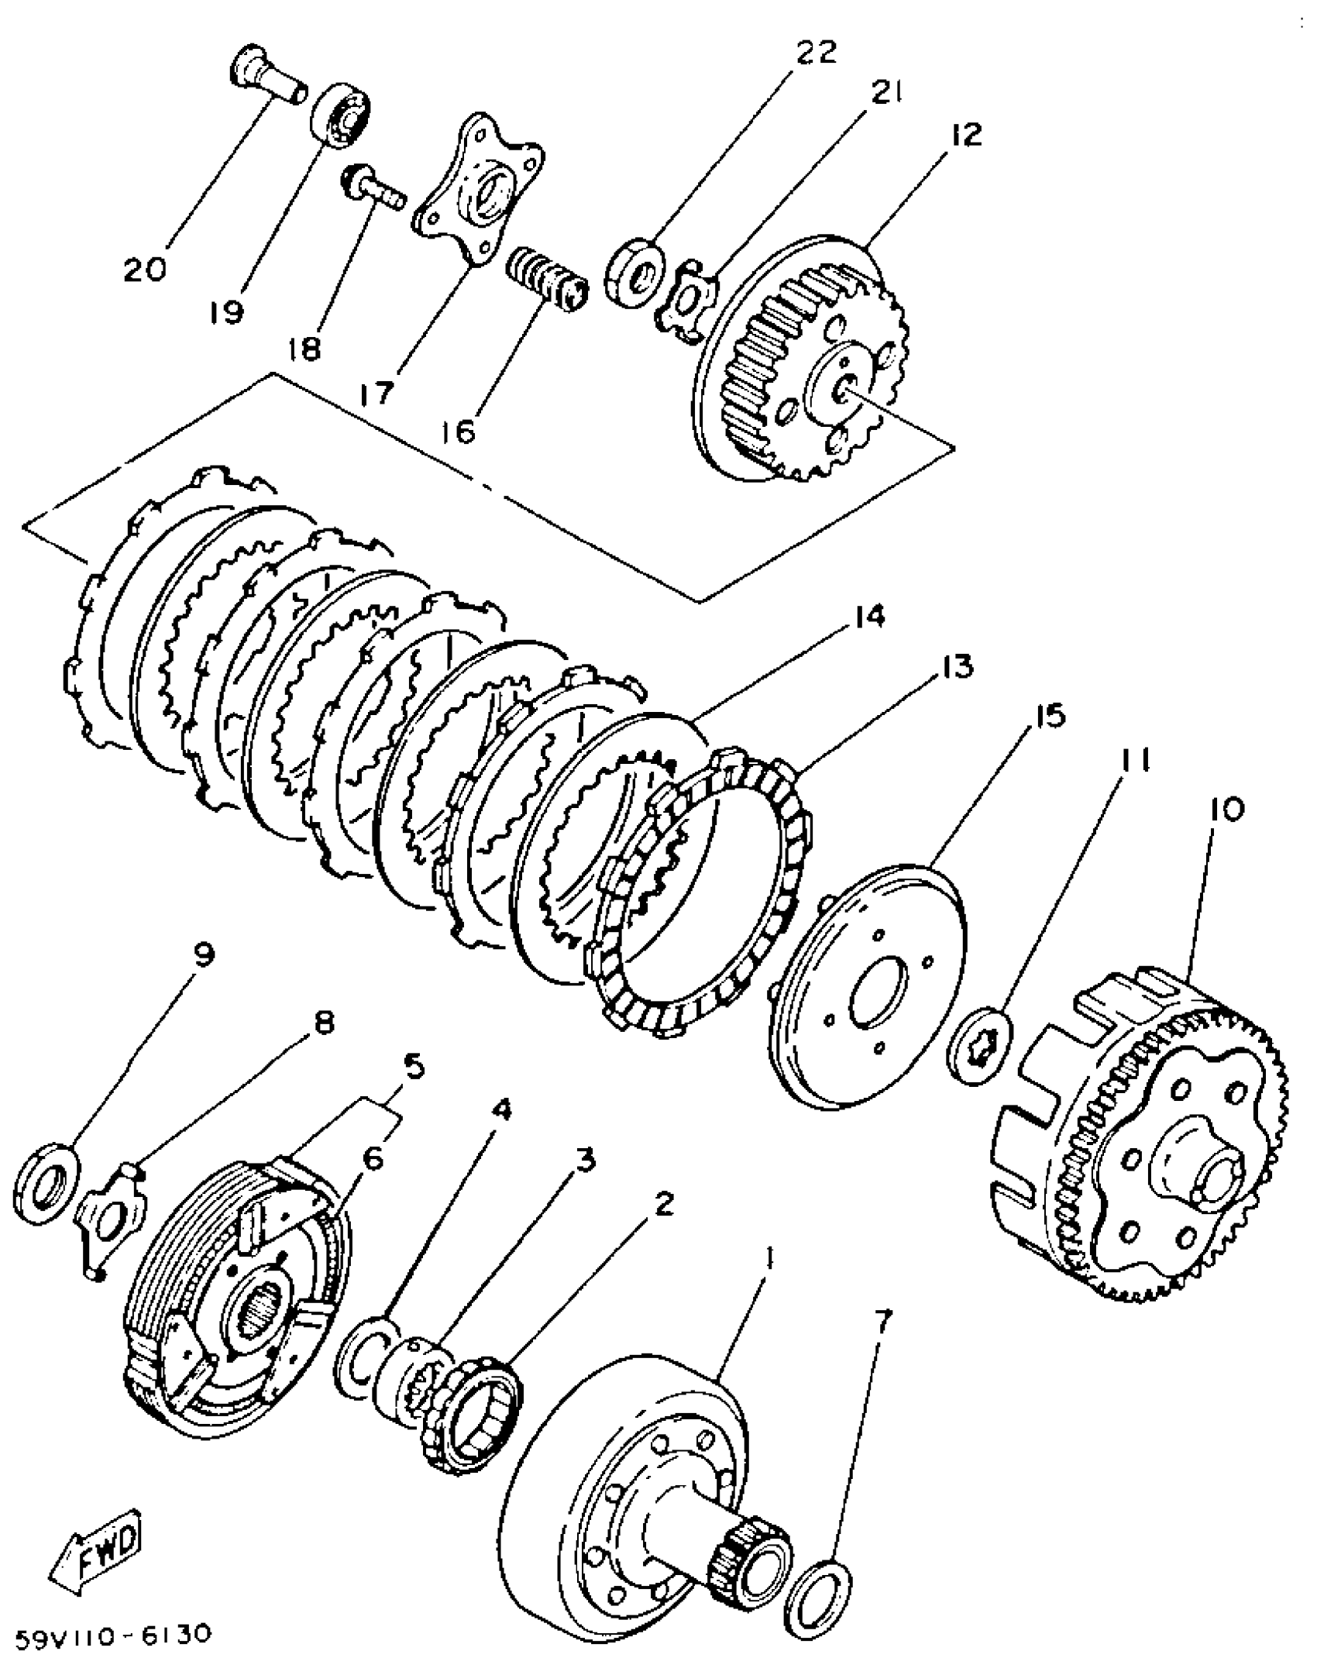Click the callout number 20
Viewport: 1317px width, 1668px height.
tap(145, 269)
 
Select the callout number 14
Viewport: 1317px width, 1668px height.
tap(868, 617)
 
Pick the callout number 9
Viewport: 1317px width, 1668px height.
tap(203, 955)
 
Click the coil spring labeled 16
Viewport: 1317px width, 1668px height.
tap(547, 282)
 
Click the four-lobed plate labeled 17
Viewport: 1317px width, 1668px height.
tap(477, 198)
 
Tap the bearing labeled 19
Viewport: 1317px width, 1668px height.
tap(342, 113)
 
